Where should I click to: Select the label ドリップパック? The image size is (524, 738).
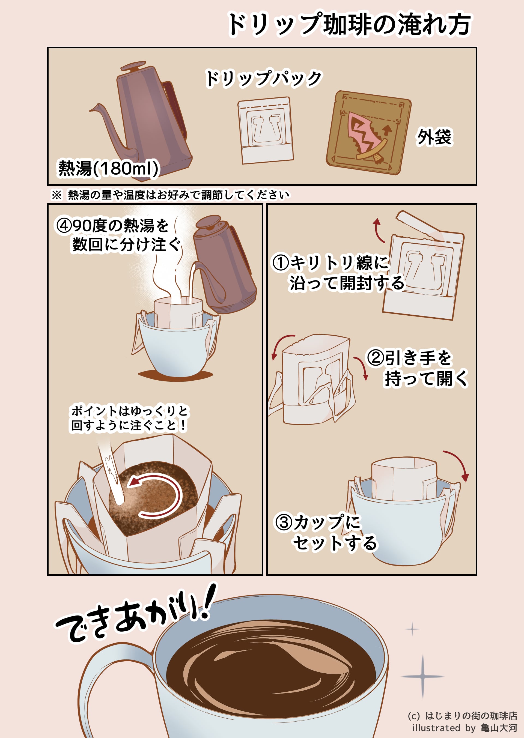pyautogui.click(x=264, y=78)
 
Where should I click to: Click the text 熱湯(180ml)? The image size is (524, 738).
pyautogui.click(x=108, y=168)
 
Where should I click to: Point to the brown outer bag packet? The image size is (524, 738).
pyautogui.click(x=368, y=133)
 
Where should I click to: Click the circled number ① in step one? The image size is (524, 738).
pyautogui.click(x=280, y=262)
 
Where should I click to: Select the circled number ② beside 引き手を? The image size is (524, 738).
pyautogui.click(x=375, y=358)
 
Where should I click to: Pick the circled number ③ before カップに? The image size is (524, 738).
pyautogui.click(x=284, y=522)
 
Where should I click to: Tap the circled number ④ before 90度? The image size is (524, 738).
pyautogui.click(x=64, y=225)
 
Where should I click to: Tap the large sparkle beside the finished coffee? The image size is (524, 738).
pyautogui.click(x=422, y=676)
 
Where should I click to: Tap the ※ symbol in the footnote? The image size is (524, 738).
pyautogui.click(x=56, y=195)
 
